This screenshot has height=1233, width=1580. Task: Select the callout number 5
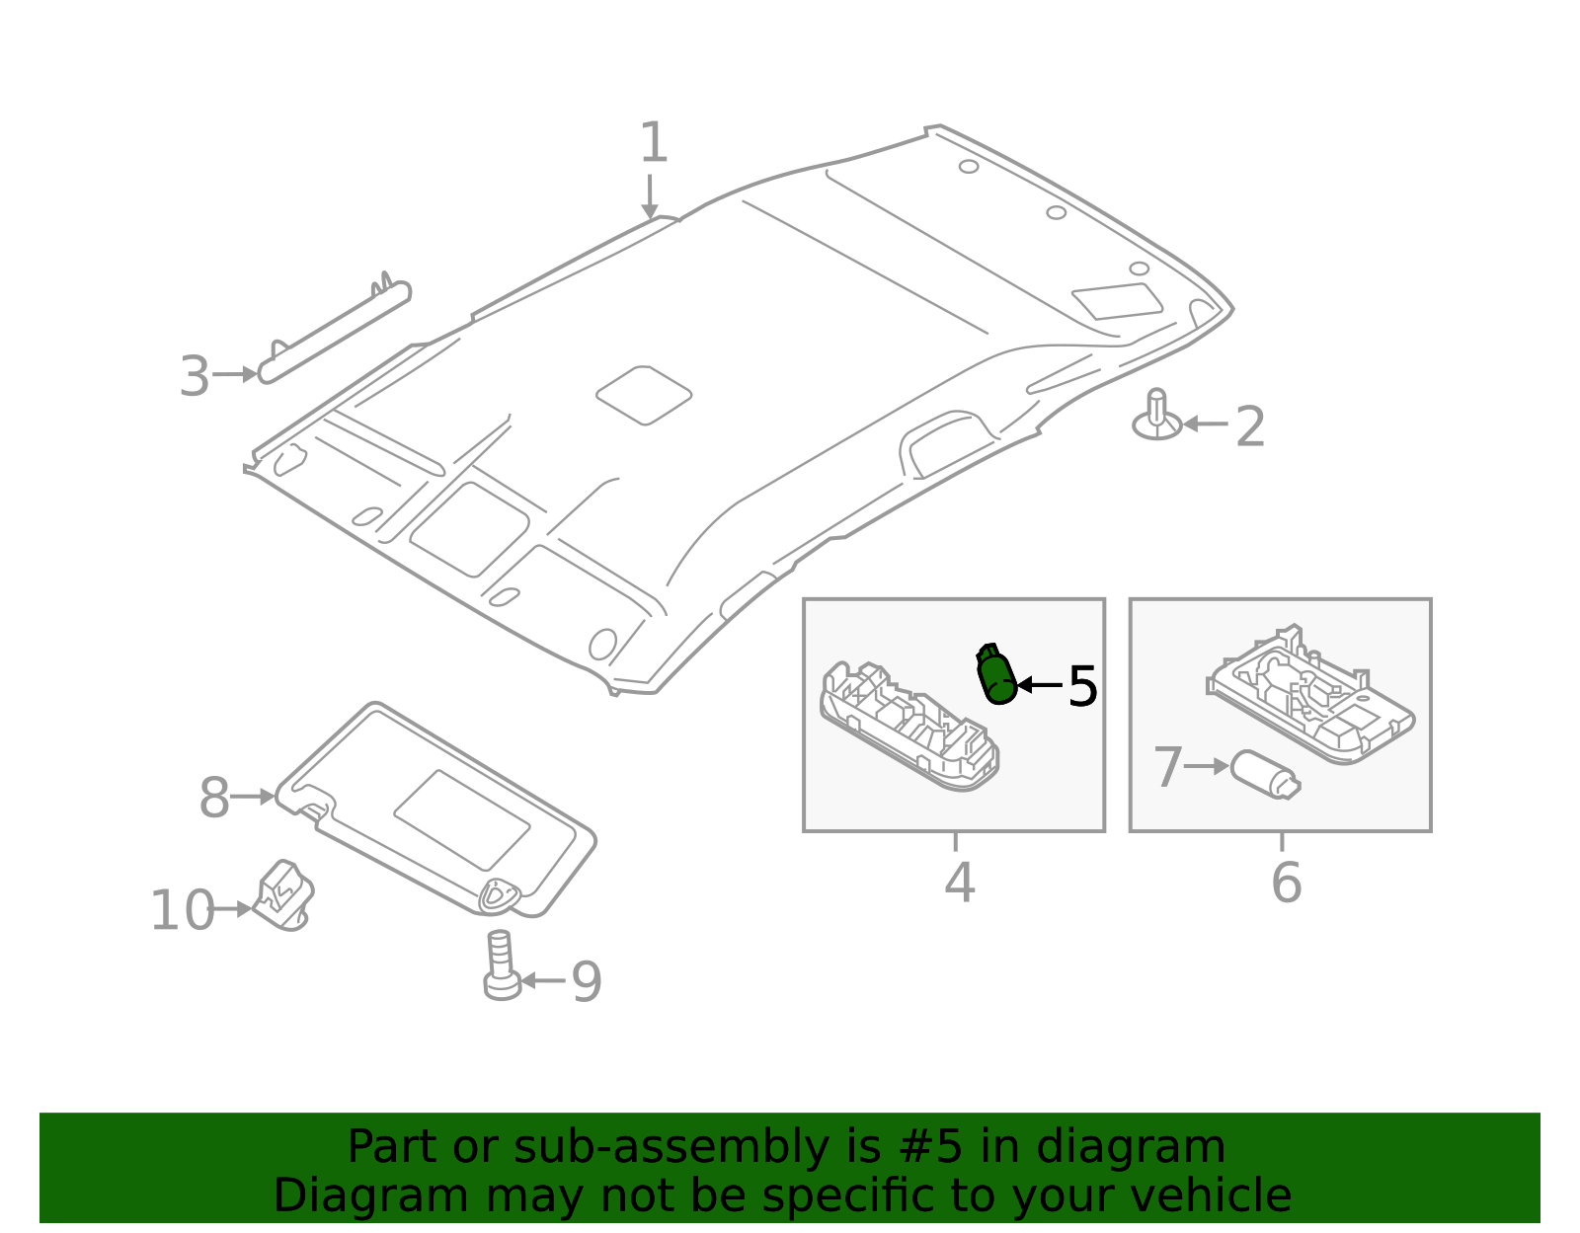click(x=1082, y=686)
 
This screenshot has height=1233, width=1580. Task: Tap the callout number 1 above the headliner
click(x=654, y=144)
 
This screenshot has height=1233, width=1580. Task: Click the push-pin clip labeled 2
click(x=1157, y=417)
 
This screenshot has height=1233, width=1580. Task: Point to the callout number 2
click(x=1250, y=427)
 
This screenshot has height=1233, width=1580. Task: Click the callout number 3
click(x=195, y=377)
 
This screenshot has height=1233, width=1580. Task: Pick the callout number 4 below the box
click(x=959, y=883)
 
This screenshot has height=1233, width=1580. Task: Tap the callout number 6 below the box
click(x=1286, y=883)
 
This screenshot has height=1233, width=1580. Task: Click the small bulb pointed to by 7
click(x=1265, y=774)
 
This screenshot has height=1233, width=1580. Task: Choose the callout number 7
click(x=1167, y=768)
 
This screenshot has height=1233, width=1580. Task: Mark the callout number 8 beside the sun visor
click(x=214, y=799)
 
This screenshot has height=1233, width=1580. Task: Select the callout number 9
click(x=587, y=982)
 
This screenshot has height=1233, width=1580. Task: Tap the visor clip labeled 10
click(x=283, y=895)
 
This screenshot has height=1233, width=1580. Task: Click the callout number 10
click(x=182, y=910)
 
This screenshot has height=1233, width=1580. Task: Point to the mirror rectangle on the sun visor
click(x=462, y=819)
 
